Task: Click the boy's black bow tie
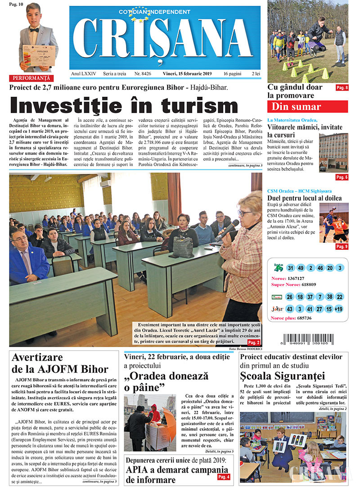[x=34, y=30]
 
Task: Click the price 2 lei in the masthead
[x=256, y=73]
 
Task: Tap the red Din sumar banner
[x=307, y=107]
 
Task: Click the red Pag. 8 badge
[x=342, y=88]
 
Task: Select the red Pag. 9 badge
[x=342, y=246]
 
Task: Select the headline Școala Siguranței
[x=282, y=376]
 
